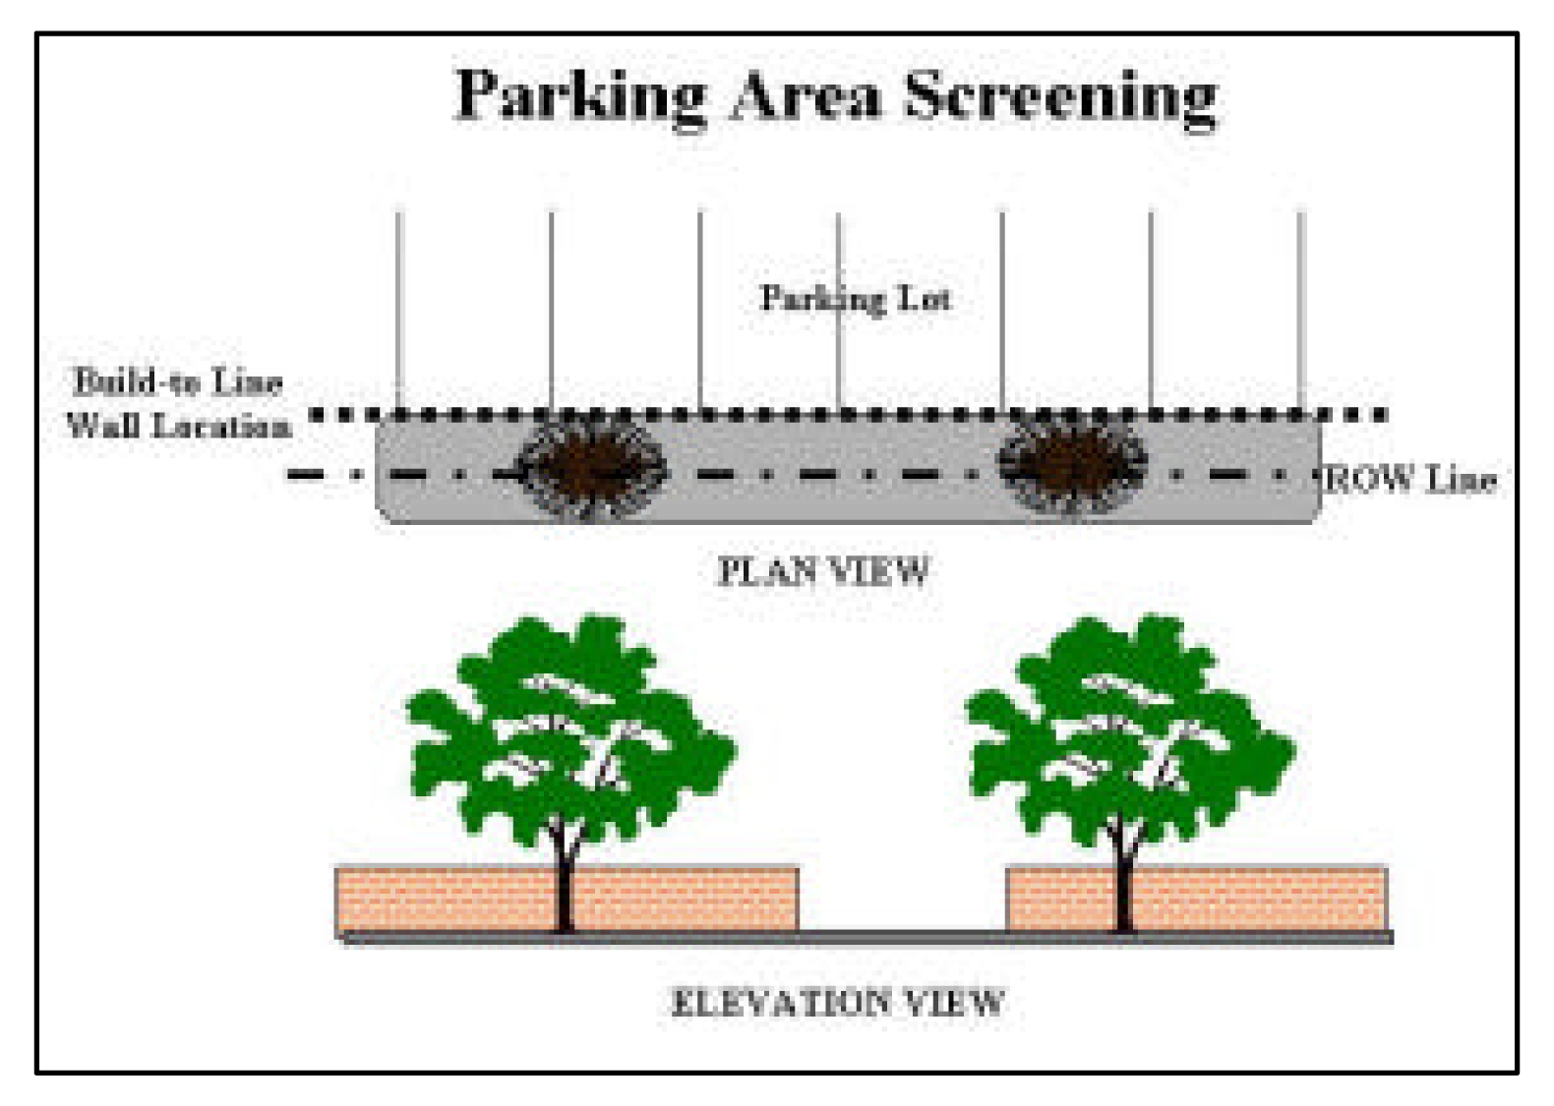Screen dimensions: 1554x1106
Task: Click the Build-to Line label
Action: [178, 382]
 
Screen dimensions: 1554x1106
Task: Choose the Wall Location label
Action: [180, 425]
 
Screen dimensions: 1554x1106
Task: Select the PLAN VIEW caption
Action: [823, 571]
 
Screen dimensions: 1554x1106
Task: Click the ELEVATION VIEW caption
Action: [837, 1003]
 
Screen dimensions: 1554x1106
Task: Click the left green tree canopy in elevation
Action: [570, 728]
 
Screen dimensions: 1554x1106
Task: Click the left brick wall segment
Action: [567, 900]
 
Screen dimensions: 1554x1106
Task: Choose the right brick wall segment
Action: [1197, 900]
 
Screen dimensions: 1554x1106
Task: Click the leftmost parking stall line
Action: [399, 310]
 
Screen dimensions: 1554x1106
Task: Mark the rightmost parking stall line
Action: [1301, 310]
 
